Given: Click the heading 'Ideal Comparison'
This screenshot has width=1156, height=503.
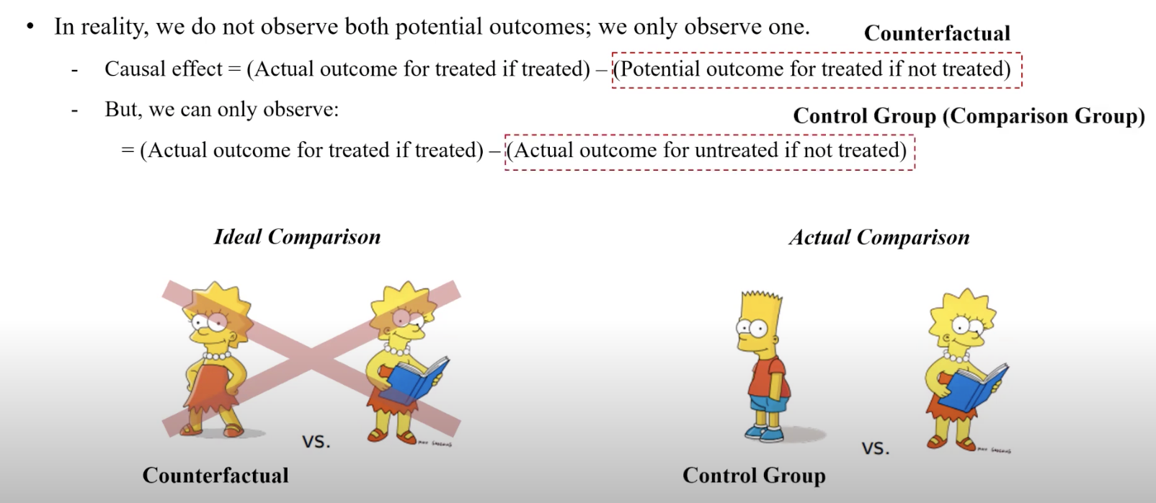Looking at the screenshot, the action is (297, 237).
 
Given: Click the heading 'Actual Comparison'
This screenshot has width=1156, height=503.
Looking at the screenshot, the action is (879, 237).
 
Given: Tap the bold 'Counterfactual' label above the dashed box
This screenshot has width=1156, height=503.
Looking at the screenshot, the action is (937, 34).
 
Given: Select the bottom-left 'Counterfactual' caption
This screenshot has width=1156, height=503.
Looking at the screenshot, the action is (215, 476).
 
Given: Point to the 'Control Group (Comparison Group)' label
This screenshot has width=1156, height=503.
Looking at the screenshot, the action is (969, 116).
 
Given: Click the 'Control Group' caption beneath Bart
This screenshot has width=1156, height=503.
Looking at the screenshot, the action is (754, 476).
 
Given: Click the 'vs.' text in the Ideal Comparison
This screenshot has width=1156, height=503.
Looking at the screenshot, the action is (316, 442).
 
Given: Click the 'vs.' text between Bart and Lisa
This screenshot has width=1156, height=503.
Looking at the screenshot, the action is (875, 448).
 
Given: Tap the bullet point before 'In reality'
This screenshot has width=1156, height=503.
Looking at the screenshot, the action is (30, 27).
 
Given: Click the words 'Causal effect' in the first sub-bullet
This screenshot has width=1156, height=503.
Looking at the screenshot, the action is (163, 69).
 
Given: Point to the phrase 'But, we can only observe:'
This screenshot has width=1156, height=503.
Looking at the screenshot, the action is (222, 110).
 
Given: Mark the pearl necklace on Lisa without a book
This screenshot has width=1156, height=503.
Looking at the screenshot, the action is (217, 356).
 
